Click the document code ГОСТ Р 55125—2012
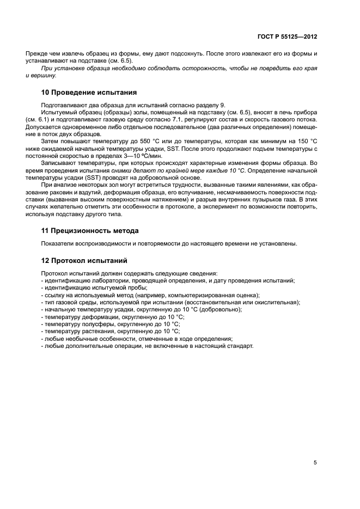[287, 36]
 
